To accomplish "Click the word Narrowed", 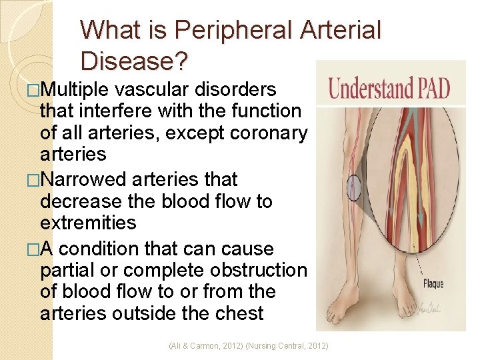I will click(x=85, y=179).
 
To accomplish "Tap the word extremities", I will click(x=88, y=223).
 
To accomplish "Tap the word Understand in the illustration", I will click(x=371, y=87).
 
